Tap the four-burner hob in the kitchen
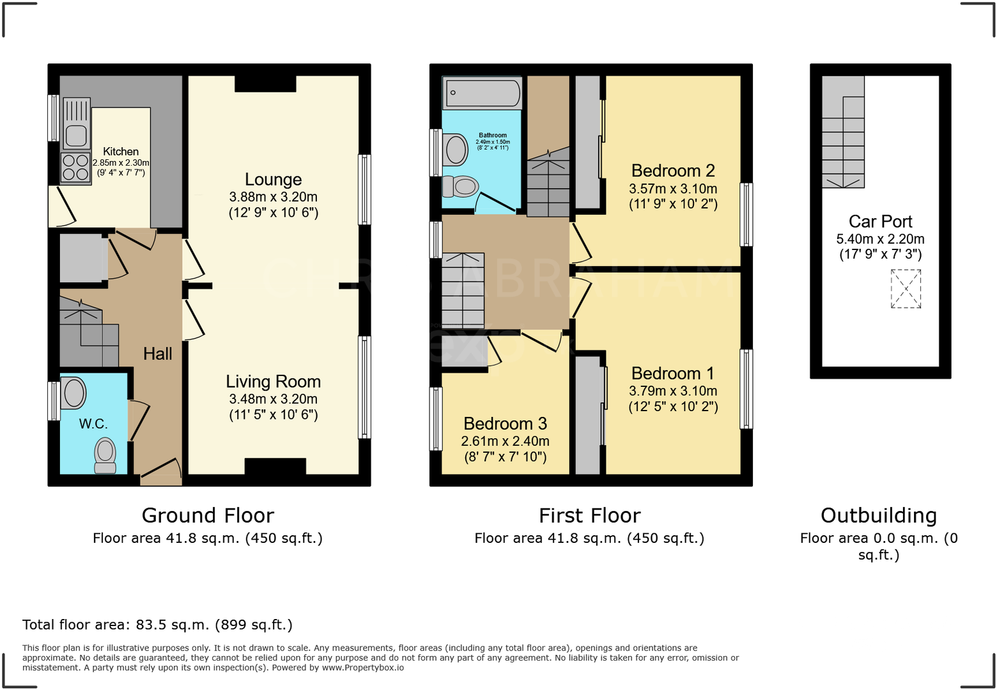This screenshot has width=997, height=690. tap(75, 168)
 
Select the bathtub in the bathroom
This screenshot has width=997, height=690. tap(482, 93)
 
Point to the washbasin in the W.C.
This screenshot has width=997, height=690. tap(73, 393)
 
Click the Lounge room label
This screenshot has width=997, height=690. tap(273, 180)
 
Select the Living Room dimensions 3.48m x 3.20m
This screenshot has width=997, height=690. tap(273, 399)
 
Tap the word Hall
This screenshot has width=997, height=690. tap(157, 354)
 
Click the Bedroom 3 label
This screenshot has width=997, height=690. tap(505, 424)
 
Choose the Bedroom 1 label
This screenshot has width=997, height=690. tap(672, 373)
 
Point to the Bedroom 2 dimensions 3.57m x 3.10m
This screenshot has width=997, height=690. tap(672, 189)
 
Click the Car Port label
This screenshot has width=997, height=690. tap(880, 221)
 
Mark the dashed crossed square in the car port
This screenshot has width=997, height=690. tap(906, 289)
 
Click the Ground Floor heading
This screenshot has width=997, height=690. tap(208, 515)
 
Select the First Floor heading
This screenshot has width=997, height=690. tap(589, 515)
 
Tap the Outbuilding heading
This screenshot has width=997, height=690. tap(878, 515)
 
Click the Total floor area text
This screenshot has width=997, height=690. tap(157, 625)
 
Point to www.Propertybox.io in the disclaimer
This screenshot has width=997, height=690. tap(362, 668)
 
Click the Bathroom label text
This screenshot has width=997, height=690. tap(493, 135)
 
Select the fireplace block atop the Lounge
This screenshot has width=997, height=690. tap(265, 84)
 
